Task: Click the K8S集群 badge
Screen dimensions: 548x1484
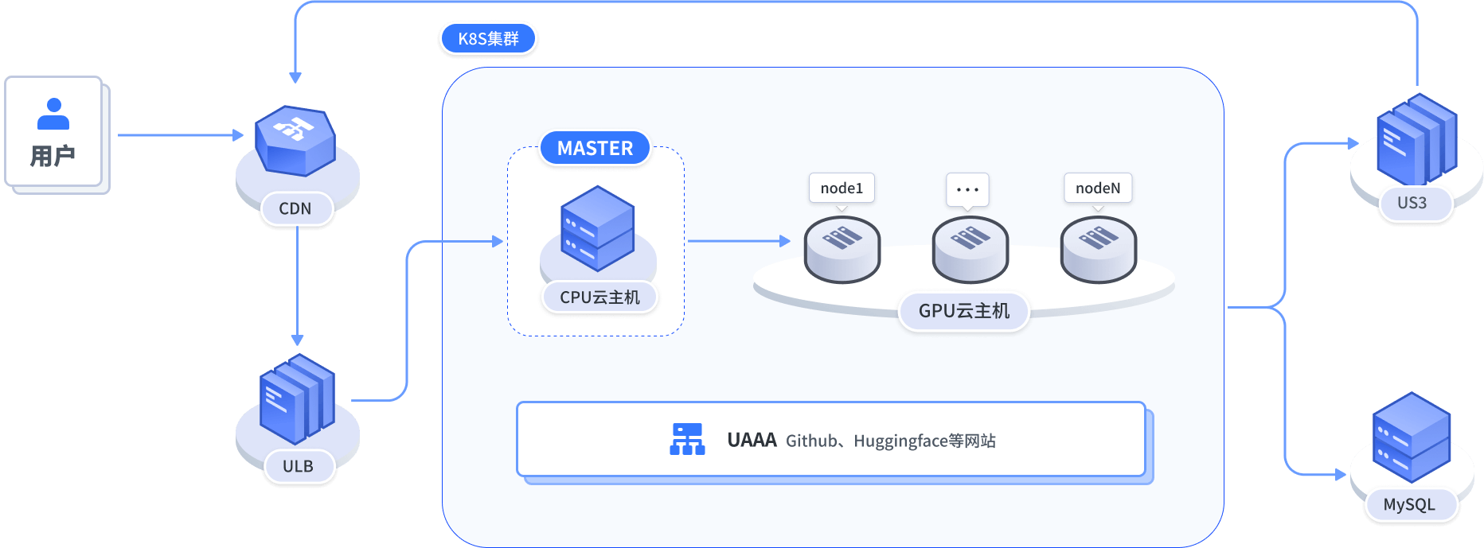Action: [488, 38]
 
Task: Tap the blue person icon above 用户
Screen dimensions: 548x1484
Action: [53, 114]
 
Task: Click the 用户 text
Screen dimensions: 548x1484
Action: [53, 156]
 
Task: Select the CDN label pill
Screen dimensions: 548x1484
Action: [295, 208]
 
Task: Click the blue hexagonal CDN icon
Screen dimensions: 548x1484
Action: [295, 140]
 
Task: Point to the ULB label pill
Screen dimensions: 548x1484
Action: [299, 466]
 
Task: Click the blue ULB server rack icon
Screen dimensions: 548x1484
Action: [297, 398]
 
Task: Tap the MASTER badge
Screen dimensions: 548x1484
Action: [595, 148]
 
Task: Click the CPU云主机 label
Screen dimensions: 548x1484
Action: [599, 297]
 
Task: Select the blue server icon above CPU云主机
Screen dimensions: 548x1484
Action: [597, 228]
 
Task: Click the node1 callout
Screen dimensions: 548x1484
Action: [842, 188]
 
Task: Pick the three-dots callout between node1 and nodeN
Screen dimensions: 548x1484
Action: [967, 189]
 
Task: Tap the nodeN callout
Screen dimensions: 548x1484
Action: [1098, 188]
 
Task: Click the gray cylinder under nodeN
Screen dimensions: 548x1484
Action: [1098, 250]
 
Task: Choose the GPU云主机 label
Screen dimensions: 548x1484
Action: [963, 311]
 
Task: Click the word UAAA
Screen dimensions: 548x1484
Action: [752, 440]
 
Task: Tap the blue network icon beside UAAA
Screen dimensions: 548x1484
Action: [687, 439]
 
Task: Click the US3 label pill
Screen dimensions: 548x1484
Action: [1412, 203]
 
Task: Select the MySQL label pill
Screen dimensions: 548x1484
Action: [1409, 504]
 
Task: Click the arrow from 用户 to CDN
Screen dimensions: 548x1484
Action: [180, 135]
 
